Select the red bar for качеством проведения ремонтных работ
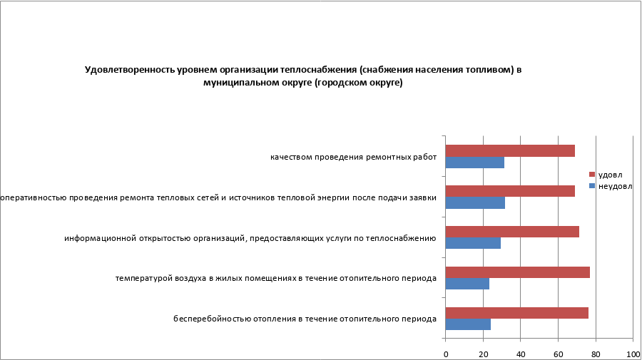[510, 150]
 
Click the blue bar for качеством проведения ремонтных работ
[474, 163]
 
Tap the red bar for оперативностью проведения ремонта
[510, 191]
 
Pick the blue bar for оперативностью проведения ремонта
[475, 203]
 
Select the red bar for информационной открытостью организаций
[512, 232]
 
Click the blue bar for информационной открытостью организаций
[473, 244]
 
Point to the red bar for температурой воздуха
[518, 272]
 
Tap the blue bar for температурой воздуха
[467, 284]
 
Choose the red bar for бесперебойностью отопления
[517, 313]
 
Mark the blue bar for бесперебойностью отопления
[468, 324]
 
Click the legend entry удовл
[609, 175]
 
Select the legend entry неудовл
[613, 186]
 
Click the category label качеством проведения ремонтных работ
[352, 157]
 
